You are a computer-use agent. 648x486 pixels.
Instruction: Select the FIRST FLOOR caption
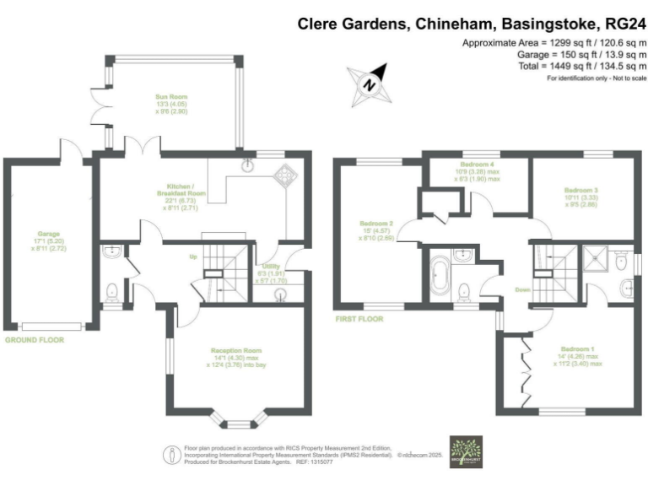(x=359, y=320)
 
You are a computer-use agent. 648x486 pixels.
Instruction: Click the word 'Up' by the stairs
(x=192, y=256)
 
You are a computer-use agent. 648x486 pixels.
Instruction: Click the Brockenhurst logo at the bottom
(x=465, y=451)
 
